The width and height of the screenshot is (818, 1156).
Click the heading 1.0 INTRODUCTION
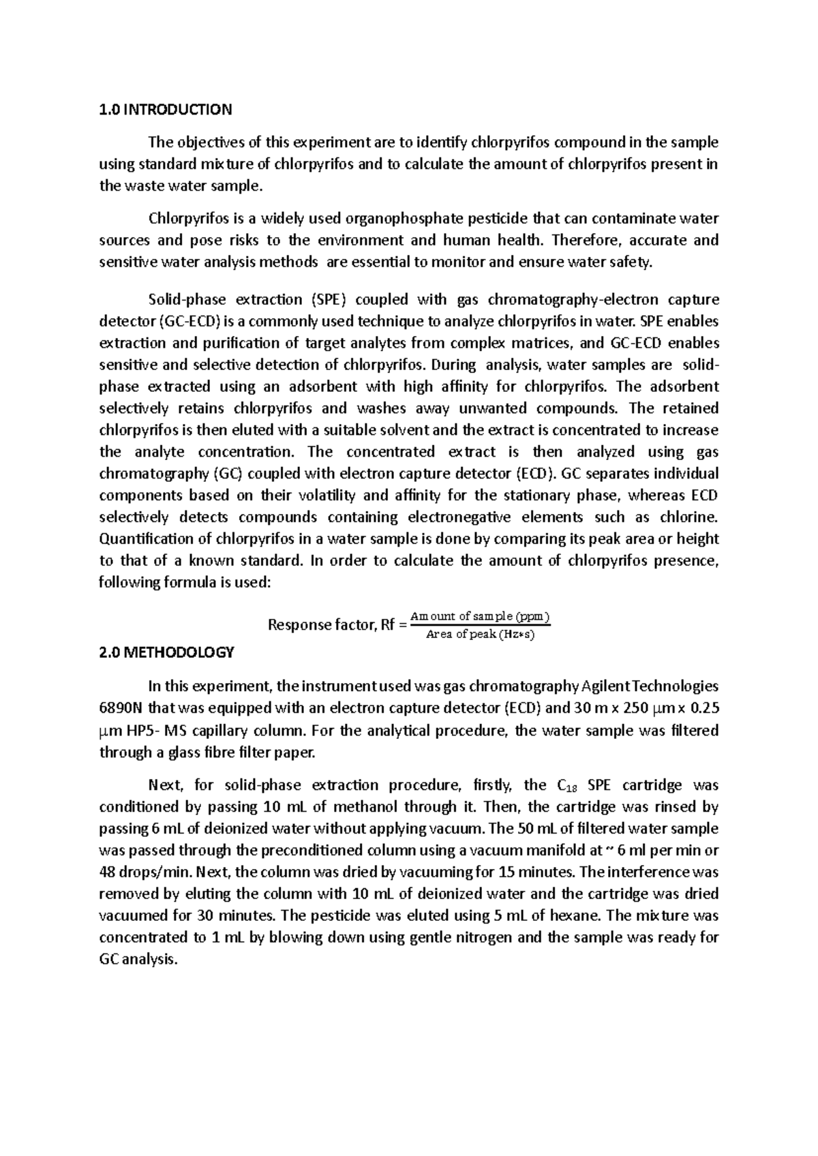(x=166, y=109)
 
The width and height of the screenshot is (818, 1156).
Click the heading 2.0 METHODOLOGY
(x=166, y=652)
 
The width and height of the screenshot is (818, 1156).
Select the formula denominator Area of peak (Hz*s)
(x=480, y=635)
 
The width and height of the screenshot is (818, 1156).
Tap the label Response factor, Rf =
(x=337, y=625)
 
